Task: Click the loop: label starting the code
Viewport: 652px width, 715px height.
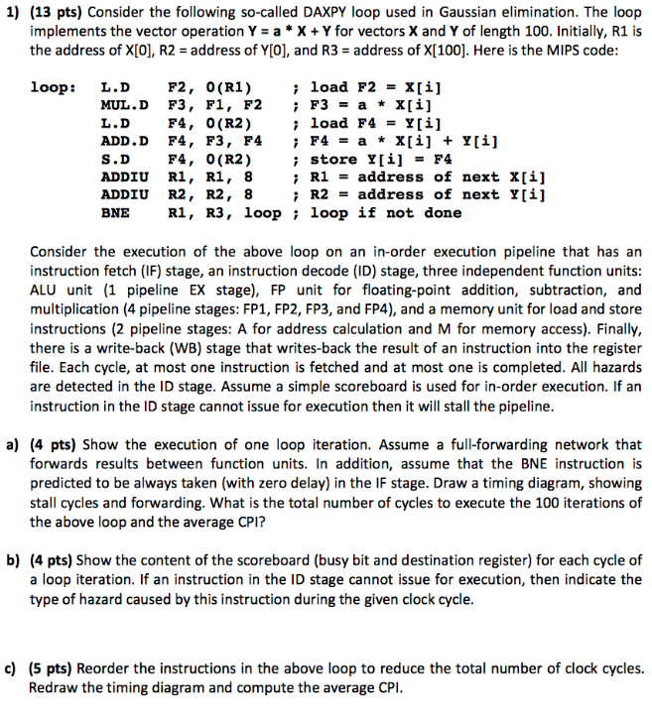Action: coord(53,86)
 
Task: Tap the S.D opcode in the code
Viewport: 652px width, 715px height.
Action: coord(116,159)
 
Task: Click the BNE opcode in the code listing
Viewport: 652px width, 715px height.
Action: coord(116,212)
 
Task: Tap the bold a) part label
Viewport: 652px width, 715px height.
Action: coord(14,445)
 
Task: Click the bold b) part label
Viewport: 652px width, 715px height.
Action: coord(14,560)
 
